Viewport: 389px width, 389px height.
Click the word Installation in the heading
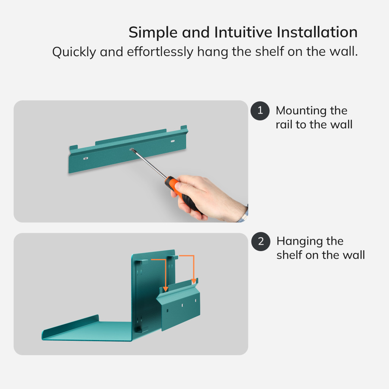point(317,32)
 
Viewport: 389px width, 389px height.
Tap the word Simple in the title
point(153,32)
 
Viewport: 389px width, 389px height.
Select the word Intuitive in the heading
point(243,32)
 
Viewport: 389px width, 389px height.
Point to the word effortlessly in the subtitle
point(160,52)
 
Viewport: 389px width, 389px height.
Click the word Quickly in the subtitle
point(74,52)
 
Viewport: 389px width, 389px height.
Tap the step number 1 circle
point(260,111)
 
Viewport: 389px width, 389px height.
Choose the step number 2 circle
point(261,241)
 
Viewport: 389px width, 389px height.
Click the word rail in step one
point(284,125)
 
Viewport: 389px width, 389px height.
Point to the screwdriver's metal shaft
point(149,163)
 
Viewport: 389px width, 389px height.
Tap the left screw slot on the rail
point(85,158)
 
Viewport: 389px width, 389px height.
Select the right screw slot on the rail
point(172,141)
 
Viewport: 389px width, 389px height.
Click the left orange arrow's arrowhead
point(166,289)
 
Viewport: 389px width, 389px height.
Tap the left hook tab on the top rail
point(74,148)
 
